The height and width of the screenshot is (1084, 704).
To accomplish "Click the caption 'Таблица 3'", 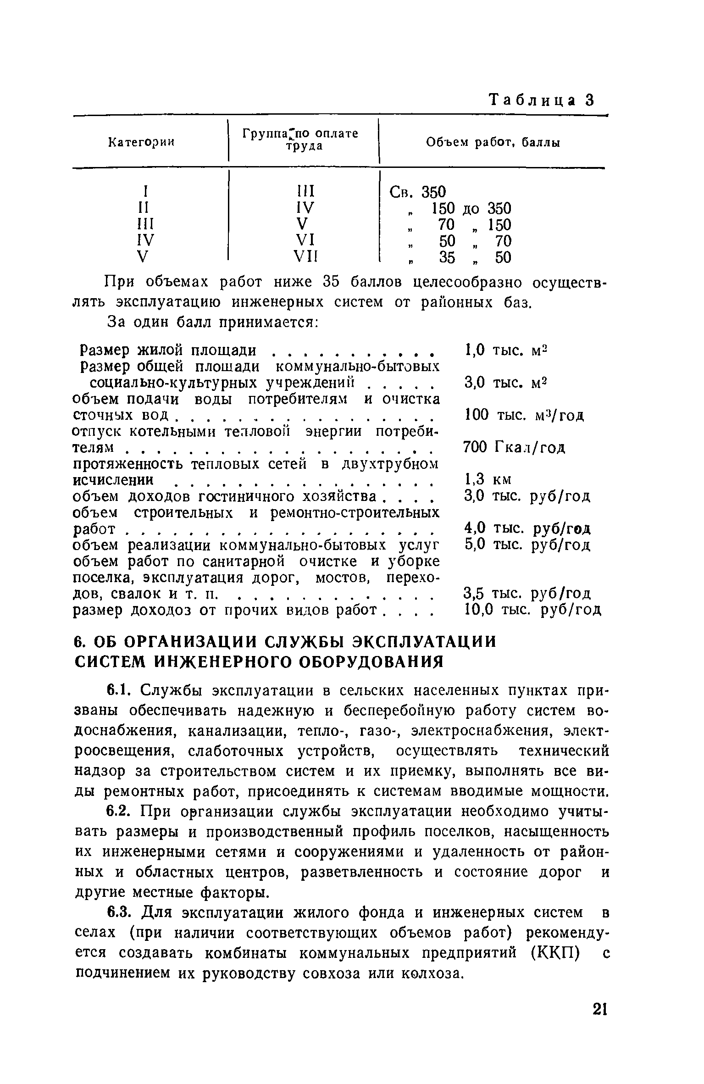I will pos(542,100).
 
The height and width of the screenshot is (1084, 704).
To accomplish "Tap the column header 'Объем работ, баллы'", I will pos(493,143).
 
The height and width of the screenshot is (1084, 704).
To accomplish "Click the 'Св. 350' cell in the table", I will pos(417,191).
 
